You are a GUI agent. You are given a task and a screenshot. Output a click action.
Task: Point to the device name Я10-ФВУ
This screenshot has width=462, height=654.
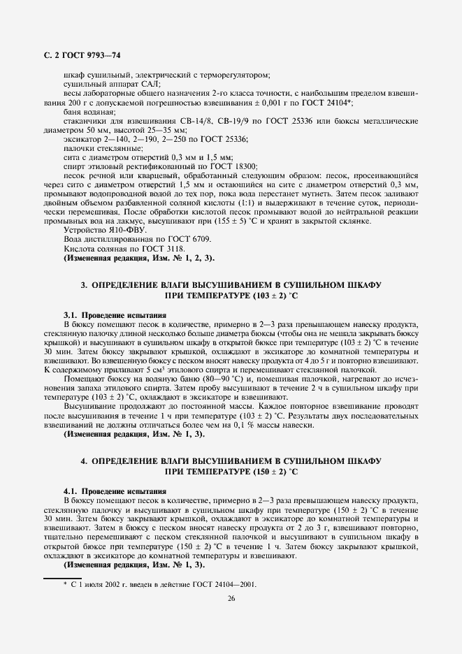tap(107, 230)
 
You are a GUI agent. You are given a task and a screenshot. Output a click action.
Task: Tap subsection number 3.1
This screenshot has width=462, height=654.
tap(70, 315)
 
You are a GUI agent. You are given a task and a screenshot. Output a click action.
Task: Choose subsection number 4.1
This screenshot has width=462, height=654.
tap(70, 491)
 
